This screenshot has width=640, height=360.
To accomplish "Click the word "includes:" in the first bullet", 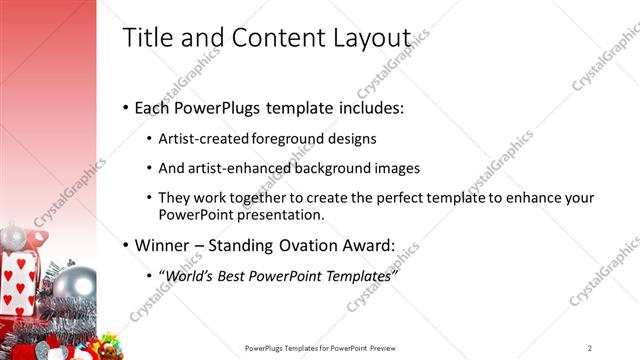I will [x=368, y=107].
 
